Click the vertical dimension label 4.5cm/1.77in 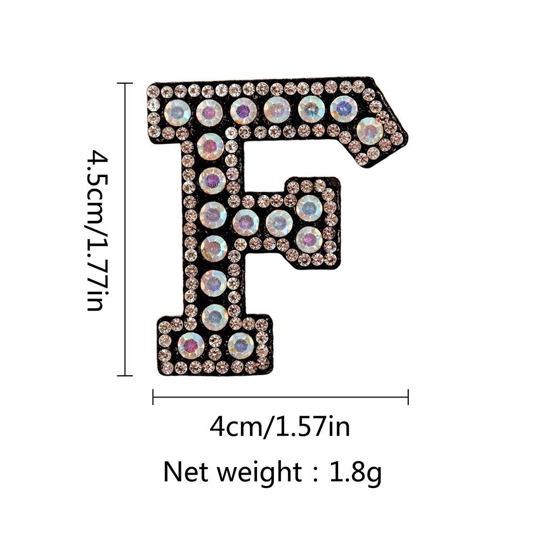(97, 230)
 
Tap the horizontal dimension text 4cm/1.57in (280, 427)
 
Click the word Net (186, 472)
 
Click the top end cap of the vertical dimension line (125, 83)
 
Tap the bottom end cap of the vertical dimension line (125, 375)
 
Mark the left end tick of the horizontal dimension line (153, 397)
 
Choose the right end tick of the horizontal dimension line (408, 397)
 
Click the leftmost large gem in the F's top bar (177, 112)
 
